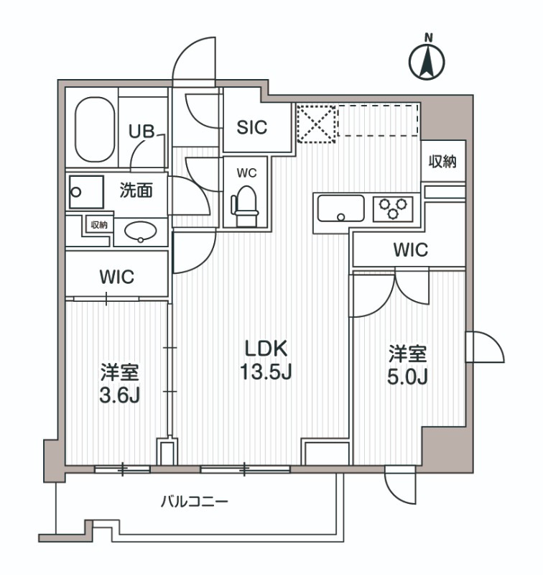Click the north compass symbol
coord(427,60)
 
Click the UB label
coord(140,132)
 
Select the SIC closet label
coord(252,127)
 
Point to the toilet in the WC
coord(245,201)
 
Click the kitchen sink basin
coord(341,209)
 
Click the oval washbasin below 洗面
coord(141,231)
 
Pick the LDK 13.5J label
coord(266,361)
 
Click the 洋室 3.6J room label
coord(119,384)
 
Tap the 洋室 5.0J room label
coord(408,365)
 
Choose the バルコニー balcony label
coord(194,501)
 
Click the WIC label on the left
coord(117,277)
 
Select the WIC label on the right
coord(410,250)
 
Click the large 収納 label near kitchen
coord(443,162)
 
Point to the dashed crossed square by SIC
coord(316,123)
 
